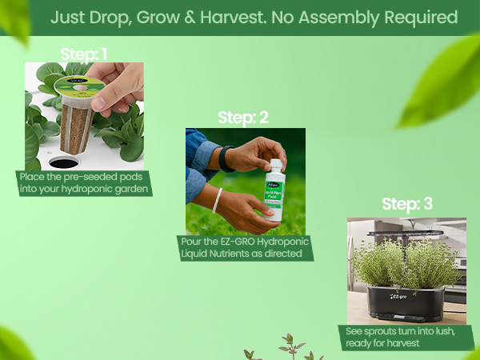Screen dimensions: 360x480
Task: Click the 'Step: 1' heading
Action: pos(83,54)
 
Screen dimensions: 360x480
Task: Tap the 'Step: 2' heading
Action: pos(243,118)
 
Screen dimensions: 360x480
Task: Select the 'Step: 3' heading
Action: pos(406,204)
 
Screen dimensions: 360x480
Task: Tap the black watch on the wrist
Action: pos(226,158)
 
